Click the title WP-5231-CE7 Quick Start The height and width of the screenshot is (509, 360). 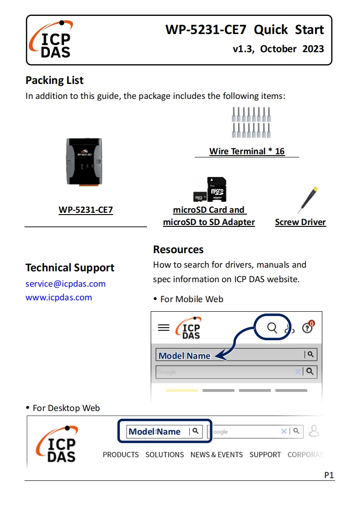tap(244, 30)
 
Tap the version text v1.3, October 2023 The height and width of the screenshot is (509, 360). tap(278, 49)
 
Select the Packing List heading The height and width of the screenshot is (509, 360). tap(54, 80)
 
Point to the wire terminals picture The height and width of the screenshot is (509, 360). tap(247, 122)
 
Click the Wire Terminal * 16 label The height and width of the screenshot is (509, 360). tap(247, 152)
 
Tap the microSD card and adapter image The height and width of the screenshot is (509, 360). tap(209, 190)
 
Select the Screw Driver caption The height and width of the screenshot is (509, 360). tap(301, 222)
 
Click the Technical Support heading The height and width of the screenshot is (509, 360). tap(70, 268)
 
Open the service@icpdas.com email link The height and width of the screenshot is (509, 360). tap(65, 284)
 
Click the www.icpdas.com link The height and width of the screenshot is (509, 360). tap(59, 298)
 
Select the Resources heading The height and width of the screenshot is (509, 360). tap(178, 250)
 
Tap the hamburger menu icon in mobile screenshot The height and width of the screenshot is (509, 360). tap(163, 328)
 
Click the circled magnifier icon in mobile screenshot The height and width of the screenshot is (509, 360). tap(272, 328)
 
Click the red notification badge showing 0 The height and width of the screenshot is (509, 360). tap(311, 324)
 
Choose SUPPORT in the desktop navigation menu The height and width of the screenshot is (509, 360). tap(265, 455)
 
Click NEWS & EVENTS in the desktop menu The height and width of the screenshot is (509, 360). tap(217, 455)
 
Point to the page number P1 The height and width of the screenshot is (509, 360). tap(329, 475)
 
